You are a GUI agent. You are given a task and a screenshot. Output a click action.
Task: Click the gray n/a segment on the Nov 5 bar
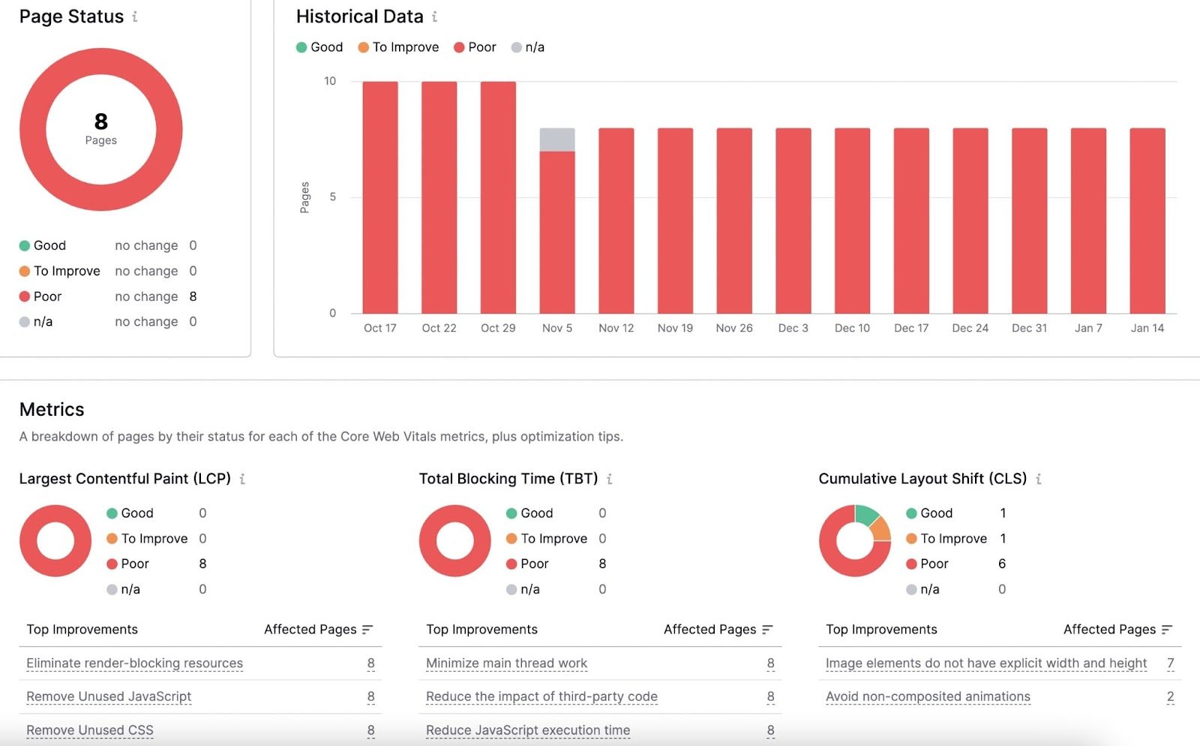557,140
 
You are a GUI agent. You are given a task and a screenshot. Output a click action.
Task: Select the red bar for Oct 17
380,197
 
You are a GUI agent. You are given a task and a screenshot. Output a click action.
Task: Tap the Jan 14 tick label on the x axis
1147,328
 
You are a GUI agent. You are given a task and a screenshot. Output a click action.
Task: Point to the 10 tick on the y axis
330,81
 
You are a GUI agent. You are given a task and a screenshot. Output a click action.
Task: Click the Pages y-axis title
304,197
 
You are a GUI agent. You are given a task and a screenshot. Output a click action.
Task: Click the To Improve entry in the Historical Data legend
398,47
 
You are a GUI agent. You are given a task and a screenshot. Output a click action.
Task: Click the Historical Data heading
359,17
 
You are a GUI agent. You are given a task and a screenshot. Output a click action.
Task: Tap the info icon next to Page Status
135,17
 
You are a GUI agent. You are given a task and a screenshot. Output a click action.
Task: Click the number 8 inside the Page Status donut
101,122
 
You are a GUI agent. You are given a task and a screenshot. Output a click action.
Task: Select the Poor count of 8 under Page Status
193,296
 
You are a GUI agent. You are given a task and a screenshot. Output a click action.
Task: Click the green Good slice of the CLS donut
866,515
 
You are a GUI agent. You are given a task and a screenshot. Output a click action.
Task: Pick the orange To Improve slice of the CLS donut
881,530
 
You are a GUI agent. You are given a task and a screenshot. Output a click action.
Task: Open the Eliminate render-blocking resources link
134,663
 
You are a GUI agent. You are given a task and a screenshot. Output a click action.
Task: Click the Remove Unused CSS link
90,730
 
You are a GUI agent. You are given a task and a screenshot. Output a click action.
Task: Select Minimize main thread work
506,663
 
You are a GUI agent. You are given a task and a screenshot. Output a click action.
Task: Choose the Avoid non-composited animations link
928,696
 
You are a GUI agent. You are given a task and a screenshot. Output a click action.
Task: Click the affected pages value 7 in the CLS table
1170,663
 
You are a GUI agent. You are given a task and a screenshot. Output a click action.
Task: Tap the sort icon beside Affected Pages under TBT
767,630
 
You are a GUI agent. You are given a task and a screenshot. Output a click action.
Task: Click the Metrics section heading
52,409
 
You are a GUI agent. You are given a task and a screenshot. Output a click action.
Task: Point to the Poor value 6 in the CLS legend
1002,564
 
